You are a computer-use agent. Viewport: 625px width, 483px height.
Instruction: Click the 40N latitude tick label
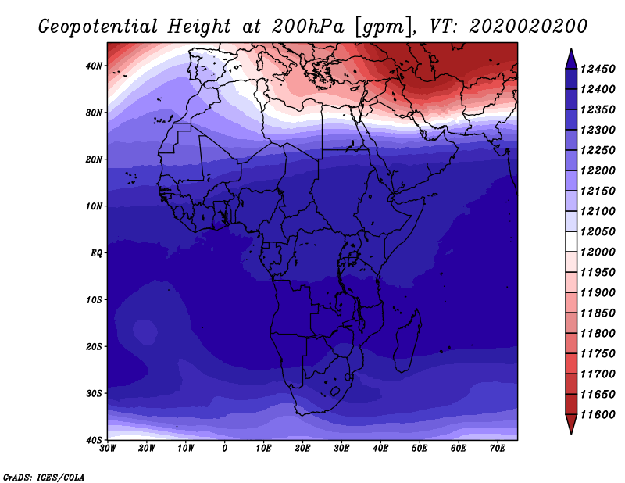[94, 66]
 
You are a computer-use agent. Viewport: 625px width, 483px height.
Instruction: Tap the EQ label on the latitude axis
[96, 253]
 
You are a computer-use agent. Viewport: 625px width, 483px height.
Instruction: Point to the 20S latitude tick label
[94, 346]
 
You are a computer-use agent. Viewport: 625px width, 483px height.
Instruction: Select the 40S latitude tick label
[94, 440]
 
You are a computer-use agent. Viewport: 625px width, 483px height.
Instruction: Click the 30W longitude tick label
[108, 449]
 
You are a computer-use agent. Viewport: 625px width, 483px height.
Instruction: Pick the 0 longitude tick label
[225, 449]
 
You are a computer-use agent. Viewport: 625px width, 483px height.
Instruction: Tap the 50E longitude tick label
[420, 449]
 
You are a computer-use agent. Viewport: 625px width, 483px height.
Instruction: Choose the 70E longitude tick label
[498, 449]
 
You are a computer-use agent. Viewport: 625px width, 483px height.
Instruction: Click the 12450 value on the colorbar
[598, 69]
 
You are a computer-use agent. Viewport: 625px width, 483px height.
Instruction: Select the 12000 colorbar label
[598, 252]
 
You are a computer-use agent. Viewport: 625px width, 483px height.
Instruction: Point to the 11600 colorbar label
[598, 415]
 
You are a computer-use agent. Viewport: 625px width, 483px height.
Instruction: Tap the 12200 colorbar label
[598, 170]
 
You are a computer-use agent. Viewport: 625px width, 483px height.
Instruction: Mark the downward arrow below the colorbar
[571, 423]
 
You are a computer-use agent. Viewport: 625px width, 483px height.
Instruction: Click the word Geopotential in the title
[98, 27]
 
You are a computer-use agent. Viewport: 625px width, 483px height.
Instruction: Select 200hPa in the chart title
[308, 27]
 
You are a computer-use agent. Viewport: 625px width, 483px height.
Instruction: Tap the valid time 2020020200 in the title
[528, 27]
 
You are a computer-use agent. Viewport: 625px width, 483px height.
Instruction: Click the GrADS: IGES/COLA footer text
[44, 477]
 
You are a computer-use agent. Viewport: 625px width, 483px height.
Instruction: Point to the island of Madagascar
[407, 340]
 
